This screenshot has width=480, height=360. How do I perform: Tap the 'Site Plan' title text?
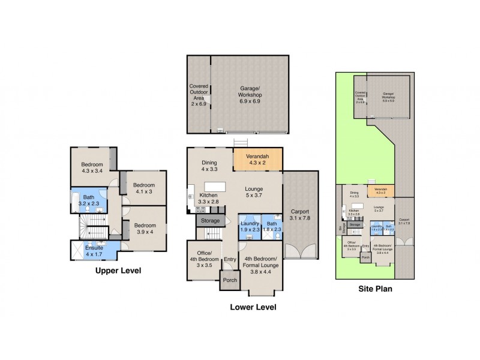pos(374,287)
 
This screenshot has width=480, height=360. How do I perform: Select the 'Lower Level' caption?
pos(253,307)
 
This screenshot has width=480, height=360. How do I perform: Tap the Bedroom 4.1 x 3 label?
pos(144,188)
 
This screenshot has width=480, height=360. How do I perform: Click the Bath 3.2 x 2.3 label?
pos(88,200)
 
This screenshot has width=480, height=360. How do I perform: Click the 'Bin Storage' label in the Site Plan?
pos(341,229)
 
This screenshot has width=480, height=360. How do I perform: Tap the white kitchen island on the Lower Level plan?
pos(214,186)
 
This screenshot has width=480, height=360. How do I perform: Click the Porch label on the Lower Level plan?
pos(229,280)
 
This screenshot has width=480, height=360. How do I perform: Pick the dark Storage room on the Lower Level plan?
pos(209,221)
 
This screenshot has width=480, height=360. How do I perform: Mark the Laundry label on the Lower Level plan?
pos(249,226)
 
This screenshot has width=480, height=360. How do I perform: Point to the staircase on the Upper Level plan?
pos(91,228)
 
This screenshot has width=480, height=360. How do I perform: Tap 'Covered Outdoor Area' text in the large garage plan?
pos(198,95)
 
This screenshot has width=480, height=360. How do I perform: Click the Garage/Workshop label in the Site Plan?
pos(389,96)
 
